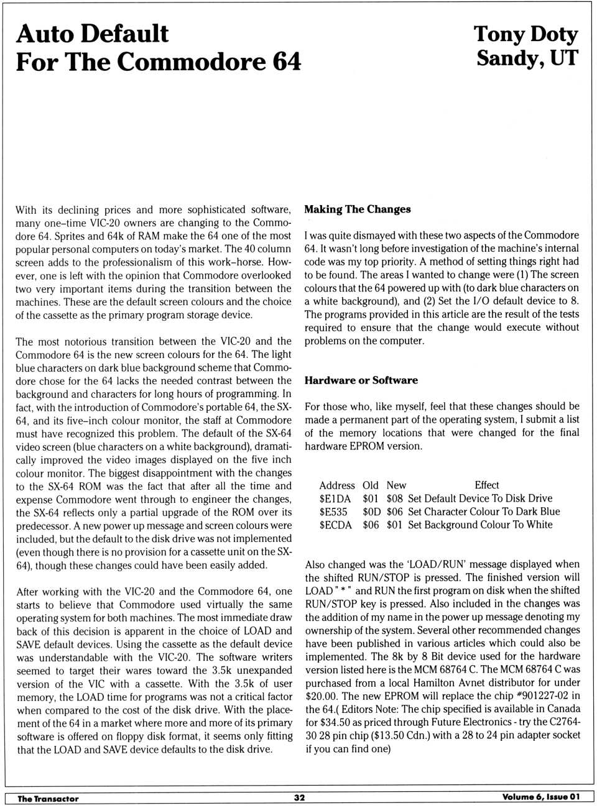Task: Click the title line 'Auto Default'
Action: tap(92, 34)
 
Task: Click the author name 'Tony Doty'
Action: tap(525, 34)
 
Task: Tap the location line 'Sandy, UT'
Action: tap(527, 58)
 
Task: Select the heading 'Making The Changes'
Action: tap(358, 209)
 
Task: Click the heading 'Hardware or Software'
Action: tap(361, 380)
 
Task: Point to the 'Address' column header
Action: tap(337, 485)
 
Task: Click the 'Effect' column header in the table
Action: tap(486, 485)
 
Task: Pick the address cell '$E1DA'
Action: tap(335, 498)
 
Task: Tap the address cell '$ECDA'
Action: tap(336, 525)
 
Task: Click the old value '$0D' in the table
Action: tap(371, 512)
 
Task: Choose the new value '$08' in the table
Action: tap(394, 498)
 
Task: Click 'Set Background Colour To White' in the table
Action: tap(480, 525)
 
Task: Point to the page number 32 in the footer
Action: tap(299, 797)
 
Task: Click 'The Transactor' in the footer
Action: tap(48, 799)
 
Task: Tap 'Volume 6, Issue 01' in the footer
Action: tap(541, 797)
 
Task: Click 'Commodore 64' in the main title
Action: tap(209, 62)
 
